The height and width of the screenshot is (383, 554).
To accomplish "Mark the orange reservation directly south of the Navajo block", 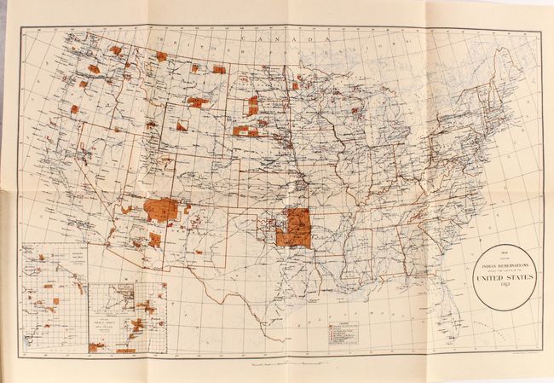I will (x=154, y=240).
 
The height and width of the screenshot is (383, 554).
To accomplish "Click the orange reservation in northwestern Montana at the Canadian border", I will (x=161, y=56).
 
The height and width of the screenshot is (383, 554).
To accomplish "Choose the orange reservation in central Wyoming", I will (x=182, y=126).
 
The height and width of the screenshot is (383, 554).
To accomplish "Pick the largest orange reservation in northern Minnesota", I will (x=299, y=85).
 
